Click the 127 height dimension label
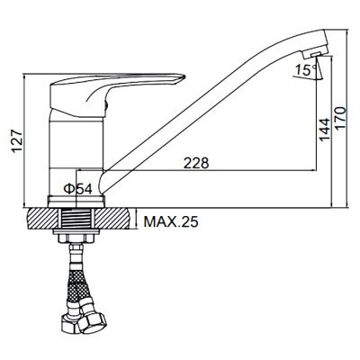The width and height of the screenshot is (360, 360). [17, 141]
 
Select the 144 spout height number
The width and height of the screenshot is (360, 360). [324, 130]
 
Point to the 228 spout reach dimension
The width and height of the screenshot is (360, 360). [196, 163]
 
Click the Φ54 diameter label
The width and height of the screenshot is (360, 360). [78, 189]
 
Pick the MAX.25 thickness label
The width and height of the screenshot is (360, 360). [171, 222]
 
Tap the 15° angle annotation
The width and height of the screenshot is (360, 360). [305, 70]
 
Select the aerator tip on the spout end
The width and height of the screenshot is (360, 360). [312, 54]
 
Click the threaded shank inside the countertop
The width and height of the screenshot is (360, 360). [76, 219]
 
